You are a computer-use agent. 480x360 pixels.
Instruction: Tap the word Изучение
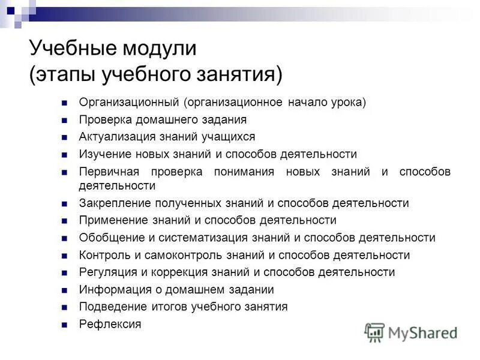pyautogui.click(x=102, y=154)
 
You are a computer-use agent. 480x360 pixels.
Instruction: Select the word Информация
pyautogui.click(x=109, y=290)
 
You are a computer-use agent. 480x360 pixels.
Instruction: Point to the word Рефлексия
pyautogui.click(x=110, y=325)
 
